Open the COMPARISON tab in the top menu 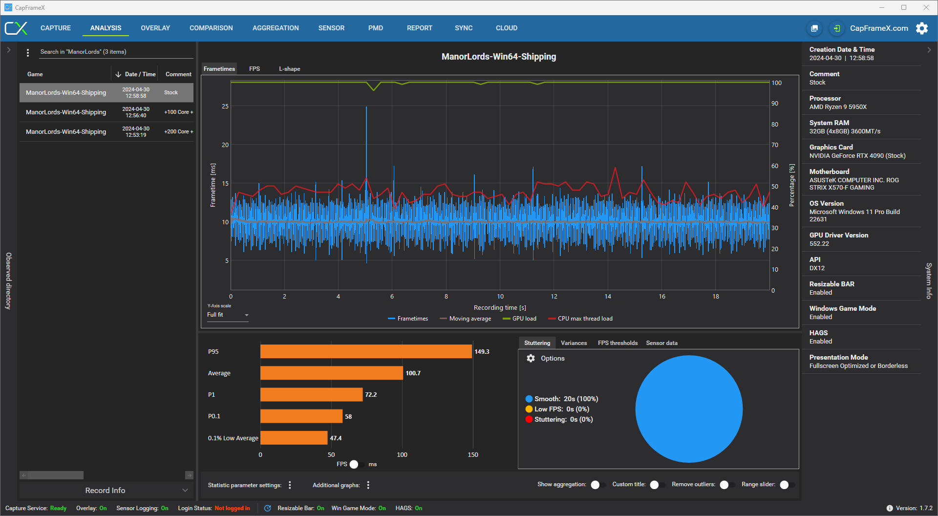pyautogui.click(x=211, y=28)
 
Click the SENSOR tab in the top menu pyautogui.click(x=331, y=28)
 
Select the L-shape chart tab pyautogui.click(x=290, y=69)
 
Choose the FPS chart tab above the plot pyautogui.click(x=255, y=69)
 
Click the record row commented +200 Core pyautogui.click(x=107, y=132)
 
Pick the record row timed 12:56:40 pyautogui.click(x=107, y=112)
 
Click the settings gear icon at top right pyautogui.click(x=922, y=28)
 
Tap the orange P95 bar pyautogui.click(x=366, y=351)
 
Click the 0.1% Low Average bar pyautogui.click(x=294, y=438)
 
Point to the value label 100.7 pyautogui.click(x=413, y=373)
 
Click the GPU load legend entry pyautogui.click(x=519, y=319)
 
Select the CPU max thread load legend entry pyautogui.click(x=580, y=319)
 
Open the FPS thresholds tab pyautogui.click(x=618, y=343)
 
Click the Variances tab pyautogui.click(x=574, y=343)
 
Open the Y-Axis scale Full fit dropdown pyautogui.click(x=228, y=315)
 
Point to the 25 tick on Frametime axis pyautogui.click(x=225, y=107)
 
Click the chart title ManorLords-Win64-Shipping pyautogui.click(x=499, y=57)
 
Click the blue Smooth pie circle pyautogui.click(x=689, y=409)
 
